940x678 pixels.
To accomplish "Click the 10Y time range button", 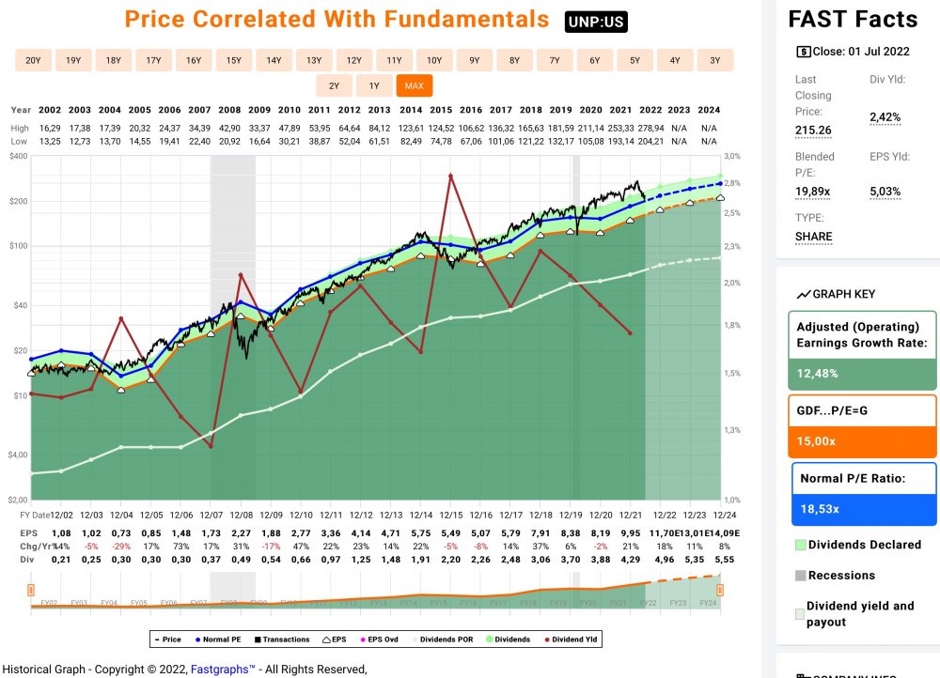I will coord(434,61).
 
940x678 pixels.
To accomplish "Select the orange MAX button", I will coord(414,86).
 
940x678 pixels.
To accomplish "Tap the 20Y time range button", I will coord(33,61).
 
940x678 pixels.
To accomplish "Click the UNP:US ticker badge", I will coord(596,22).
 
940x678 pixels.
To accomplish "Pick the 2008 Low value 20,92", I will coord(229,140).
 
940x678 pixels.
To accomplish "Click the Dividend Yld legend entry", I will coord(572,639).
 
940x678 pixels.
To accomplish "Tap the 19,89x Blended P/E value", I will coord(813,192).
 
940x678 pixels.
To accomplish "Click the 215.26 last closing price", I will coord(813,130).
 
